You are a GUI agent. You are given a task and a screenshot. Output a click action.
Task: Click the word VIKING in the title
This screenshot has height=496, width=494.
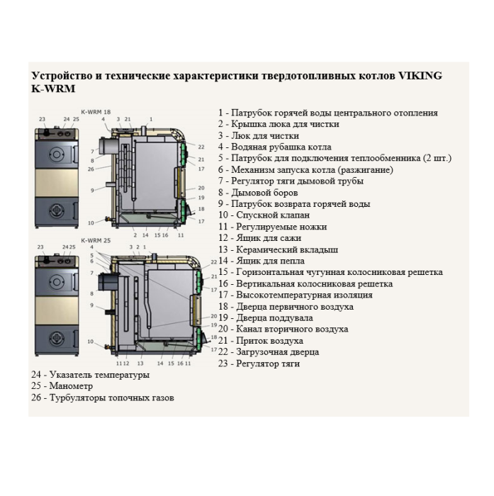417,75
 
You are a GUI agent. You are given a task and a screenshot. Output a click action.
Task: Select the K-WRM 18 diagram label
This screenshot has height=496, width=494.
96,112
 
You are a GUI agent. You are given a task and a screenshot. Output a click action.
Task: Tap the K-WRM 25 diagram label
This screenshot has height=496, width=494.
96,240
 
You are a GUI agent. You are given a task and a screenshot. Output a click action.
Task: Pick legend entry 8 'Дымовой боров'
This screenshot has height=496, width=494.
258,193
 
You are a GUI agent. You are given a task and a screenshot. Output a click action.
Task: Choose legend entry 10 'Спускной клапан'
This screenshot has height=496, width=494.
264,215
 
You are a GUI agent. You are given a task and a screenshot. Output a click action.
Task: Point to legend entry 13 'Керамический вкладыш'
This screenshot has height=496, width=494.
278,249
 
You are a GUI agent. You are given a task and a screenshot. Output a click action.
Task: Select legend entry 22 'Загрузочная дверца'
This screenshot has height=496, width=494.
269,352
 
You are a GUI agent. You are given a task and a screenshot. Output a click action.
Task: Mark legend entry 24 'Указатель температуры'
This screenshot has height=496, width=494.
90,375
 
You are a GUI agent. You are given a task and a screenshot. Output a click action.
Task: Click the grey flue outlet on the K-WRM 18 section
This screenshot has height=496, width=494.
108,145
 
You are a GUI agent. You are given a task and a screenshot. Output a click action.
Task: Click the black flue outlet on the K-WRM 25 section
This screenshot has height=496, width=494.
108,280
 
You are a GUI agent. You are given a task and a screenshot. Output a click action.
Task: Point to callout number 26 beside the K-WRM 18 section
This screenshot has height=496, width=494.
91,169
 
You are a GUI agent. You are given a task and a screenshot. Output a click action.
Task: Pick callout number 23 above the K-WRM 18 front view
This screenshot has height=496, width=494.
41,119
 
